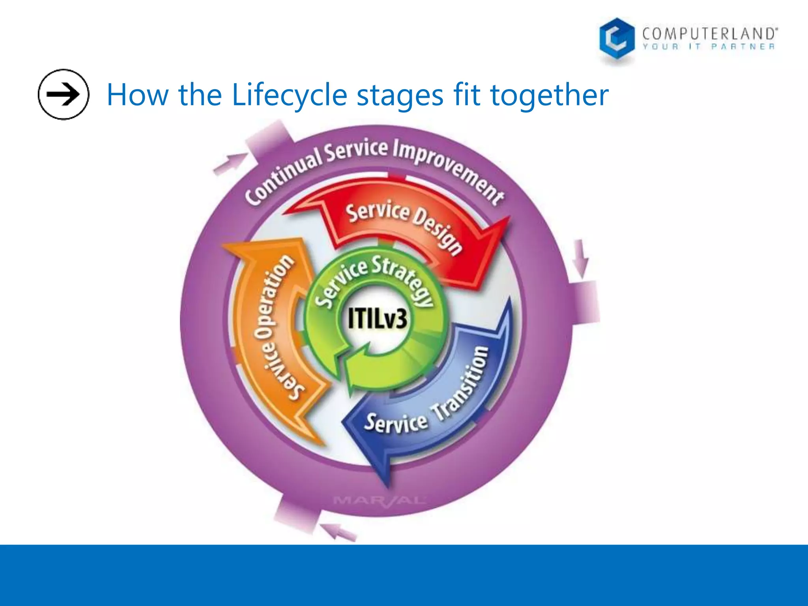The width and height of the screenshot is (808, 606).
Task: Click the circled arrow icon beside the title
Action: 63,94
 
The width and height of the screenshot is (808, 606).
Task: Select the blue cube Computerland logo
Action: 616,39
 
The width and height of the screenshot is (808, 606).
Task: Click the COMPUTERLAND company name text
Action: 709,34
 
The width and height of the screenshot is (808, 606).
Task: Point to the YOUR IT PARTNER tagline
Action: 709,47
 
